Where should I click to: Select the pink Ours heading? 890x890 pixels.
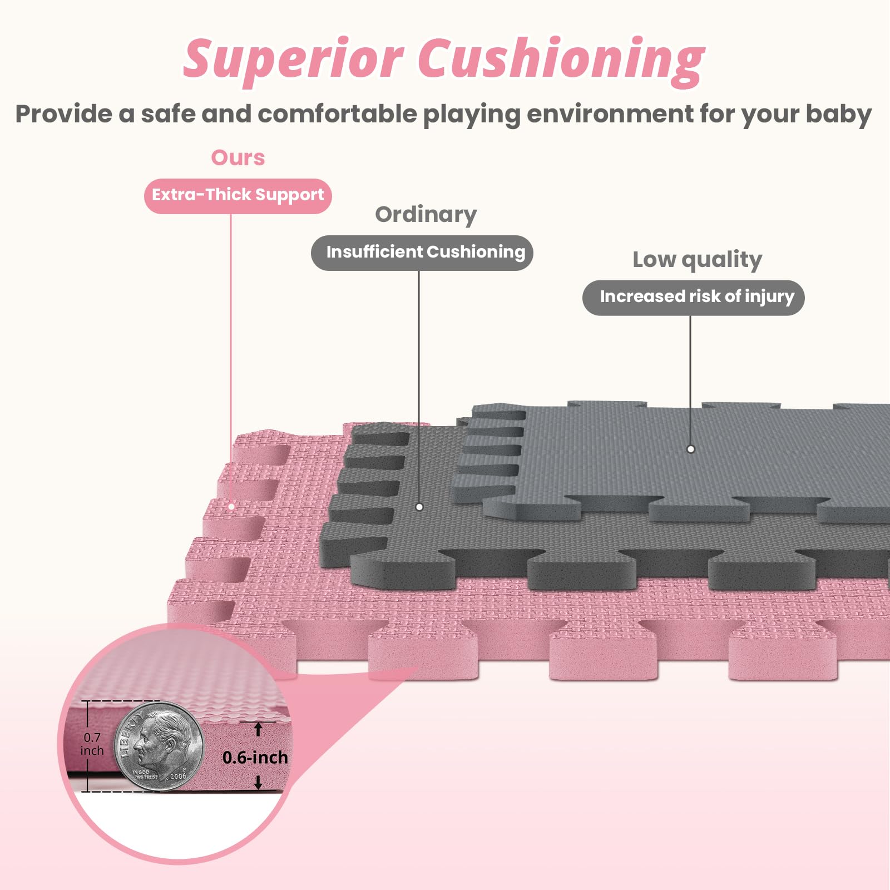[x=238, y=158]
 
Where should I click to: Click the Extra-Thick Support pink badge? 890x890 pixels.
[x=238, y=195]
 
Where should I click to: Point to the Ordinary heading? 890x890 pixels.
[x=426, y=215]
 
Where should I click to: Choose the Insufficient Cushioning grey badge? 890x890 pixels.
[x=422, y=253]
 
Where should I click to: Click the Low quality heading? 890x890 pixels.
[x=697, y=260]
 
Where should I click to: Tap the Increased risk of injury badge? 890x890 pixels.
[x=693, y=298]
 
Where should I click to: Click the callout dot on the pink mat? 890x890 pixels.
[x=231, y=506]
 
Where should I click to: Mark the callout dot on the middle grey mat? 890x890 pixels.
[x=419, y=507]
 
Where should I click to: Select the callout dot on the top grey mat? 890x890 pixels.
[x=690, y=449]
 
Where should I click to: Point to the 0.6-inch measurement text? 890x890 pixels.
[x=255, y=758]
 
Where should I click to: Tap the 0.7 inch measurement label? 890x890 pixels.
[x=92, y=744]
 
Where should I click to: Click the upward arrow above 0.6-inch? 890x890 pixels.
[x=258, y=729]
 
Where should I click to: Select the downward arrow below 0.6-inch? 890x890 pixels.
[x=258, y=783]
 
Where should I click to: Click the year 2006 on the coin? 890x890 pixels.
[x=178, y=776]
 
